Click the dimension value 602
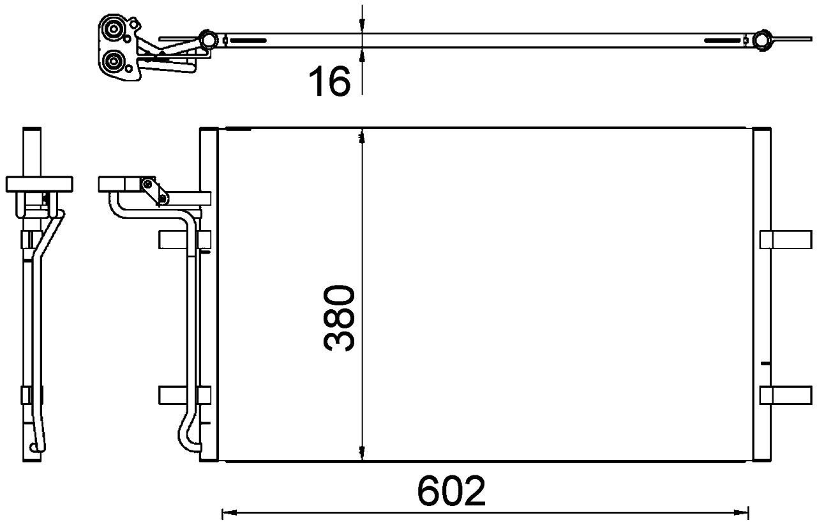451,491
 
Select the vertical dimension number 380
339,319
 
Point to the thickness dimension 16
329,82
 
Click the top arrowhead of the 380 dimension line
362,136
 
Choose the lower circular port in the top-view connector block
116,63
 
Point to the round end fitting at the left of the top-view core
207,40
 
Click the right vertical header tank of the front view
762,294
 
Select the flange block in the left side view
38,184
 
